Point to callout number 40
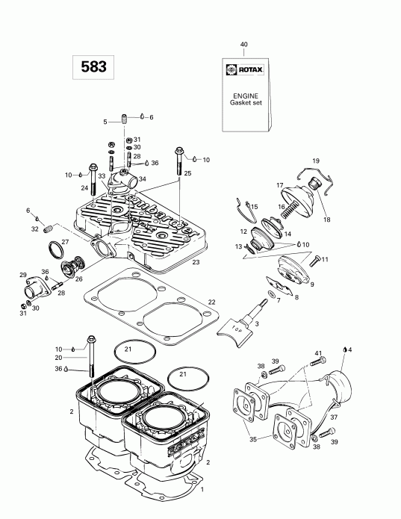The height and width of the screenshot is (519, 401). click(x=243, y=45)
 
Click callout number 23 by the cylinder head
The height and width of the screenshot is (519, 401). click(x=196, y=262)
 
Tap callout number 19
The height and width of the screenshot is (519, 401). click(x=315, y=161)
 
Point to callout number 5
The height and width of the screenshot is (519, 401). click(x=105, y=121)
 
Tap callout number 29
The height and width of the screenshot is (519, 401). click(x=22, y=275)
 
